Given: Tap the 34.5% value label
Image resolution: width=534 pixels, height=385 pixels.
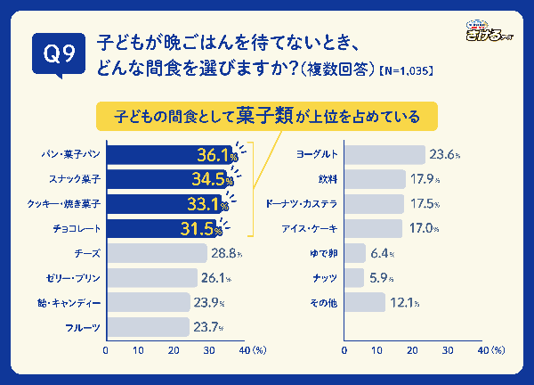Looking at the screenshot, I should pyautogui.click(x=212, y=180).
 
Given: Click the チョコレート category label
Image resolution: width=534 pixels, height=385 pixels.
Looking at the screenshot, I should pyautogui.click(x=77, y=229).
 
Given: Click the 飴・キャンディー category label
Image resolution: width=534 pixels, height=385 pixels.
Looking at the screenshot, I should pyautogui.click(x=73, y=303).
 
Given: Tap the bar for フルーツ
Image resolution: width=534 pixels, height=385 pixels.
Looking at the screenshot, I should pyautogui.click(x=147, y=327).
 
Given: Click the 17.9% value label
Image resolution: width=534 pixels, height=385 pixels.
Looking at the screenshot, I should pyautogui.click(x=425, y=180).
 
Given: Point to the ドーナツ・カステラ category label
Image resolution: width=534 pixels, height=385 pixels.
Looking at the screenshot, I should pyautogui.click(x=302, y=204).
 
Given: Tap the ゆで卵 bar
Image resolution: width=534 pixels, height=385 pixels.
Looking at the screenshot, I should pyautogui.click(x=354, y=254).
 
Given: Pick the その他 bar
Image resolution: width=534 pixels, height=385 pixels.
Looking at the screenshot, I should pyautogui.click(x=364, y=303).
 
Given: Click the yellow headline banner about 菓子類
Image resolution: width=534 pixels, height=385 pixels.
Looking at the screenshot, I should pyautogui.click(x=269, y=116).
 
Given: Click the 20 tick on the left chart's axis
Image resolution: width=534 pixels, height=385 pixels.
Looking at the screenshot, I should pyautogui.click(x=174, y=351).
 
